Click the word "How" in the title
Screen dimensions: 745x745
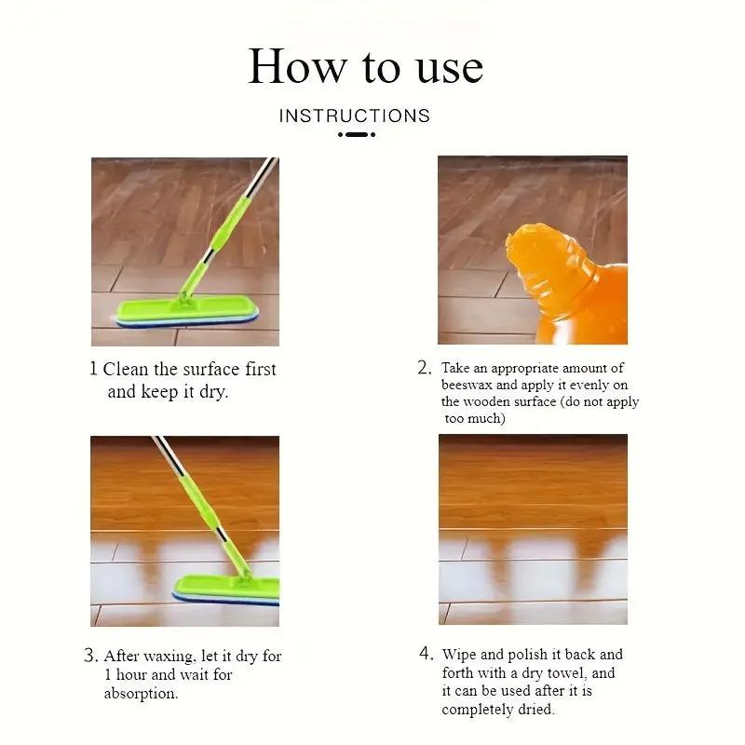pos(297,66)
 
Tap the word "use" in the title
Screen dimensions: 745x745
pos(450,69)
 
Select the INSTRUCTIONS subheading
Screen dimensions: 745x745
pos(355,115)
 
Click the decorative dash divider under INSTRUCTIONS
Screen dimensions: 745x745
pos(357,134)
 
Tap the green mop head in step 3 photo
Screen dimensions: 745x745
pos(226,590)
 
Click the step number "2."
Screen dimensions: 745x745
pos(425,368)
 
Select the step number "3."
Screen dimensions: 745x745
pos(91,656)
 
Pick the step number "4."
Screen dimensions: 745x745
pos(427,654)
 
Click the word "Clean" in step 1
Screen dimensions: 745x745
pos(126,369)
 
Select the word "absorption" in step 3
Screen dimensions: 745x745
pos(141,694)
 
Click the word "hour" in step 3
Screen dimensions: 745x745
pos(131,674)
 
